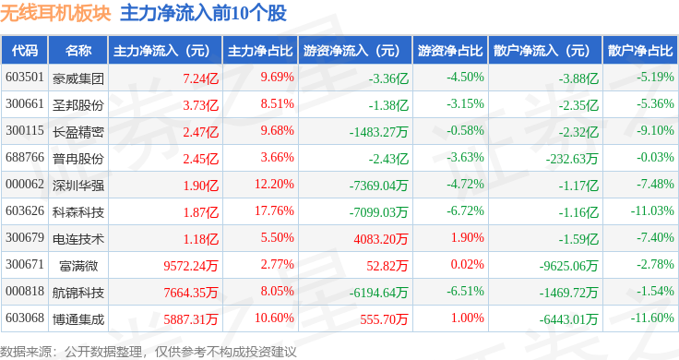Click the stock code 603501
25,78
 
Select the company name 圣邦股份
77,105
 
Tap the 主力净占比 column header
260,51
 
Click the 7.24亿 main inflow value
200,78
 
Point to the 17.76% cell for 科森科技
274,211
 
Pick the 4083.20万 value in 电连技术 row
381,239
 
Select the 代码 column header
25,51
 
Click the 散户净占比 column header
640,51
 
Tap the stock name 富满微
78,266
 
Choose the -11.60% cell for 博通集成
652,318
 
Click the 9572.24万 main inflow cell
191,266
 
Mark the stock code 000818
25,291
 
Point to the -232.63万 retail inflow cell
572,159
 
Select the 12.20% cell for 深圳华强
274,184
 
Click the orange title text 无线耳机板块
55,13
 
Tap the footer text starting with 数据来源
149,352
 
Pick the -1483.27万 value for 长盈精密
379,132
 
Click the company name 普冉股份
77,159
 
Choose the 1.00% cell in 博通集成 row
467,318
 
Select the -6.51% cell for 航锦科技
466,291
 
